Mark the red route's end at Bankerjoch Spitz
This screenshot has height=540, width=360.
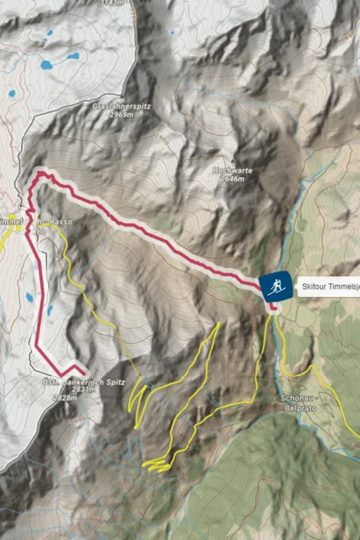84,371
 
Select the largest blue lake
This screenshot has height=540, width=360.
72,58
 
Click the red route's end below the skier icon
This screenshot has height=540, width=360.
274,307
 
